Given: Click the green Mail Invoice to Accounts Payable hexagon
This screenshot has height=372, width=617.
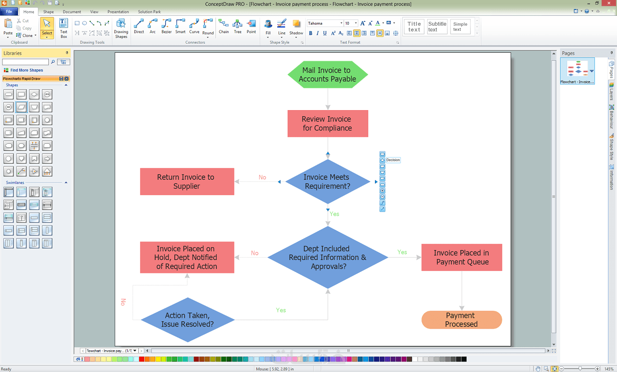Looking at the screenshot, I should [327, 74].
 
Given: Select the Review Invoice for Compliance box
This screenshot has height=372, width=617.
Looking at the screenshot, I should [327, 123].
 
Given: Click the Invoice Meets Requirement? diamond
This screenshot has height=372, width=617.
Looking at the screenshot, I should [327, 182].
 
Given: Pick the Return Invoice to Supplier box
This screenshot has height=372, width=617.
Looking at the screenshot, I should [187, 182].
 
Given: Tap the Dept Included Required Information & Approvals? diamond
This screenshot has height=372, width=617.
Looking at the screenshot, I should [327, 257].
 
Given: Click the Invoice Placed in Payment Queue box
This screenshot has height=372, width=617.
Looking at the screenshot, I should [461, 257].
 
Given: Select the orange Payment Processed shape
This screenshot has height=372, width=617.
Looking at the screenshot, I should [461, 320].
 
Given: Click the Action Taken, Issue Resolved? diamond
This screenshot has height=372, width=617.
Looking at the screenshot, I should [187, 320].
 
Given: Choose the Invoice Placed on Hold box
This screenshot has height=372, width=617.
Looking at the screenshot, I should [187, 257].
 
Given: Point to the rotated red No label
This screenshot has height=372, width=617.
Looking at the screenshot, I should [123, 302].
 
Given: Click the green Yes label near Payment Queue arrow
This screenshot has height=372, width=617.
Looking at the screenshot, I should [402, 252].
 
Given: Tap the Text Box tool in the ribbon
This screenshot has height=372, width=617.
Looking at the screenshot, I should [64, 28].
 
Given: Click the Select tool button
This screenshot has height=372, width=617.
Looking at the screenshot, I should [47, 28].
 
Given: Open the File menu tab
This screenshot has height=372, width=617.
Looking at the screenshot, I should [9, 12].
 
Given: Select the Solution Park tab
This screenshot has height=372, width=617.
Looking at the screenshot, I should [150, 12].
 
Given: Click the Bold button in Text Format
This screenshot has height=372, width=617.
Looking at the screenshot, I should [311, 33].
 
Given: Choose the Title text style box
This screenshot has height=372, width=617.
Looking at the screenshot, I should [414, 27].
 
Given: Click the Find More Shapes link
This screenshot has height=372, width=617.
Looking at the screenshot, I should [27, 70].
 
